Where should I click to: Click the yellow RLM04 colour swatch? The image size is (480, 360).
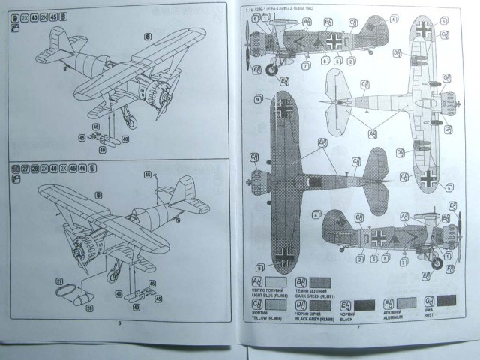coord(277,304)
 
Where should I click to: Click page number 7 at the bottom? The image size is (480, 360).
coord(358,327)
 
